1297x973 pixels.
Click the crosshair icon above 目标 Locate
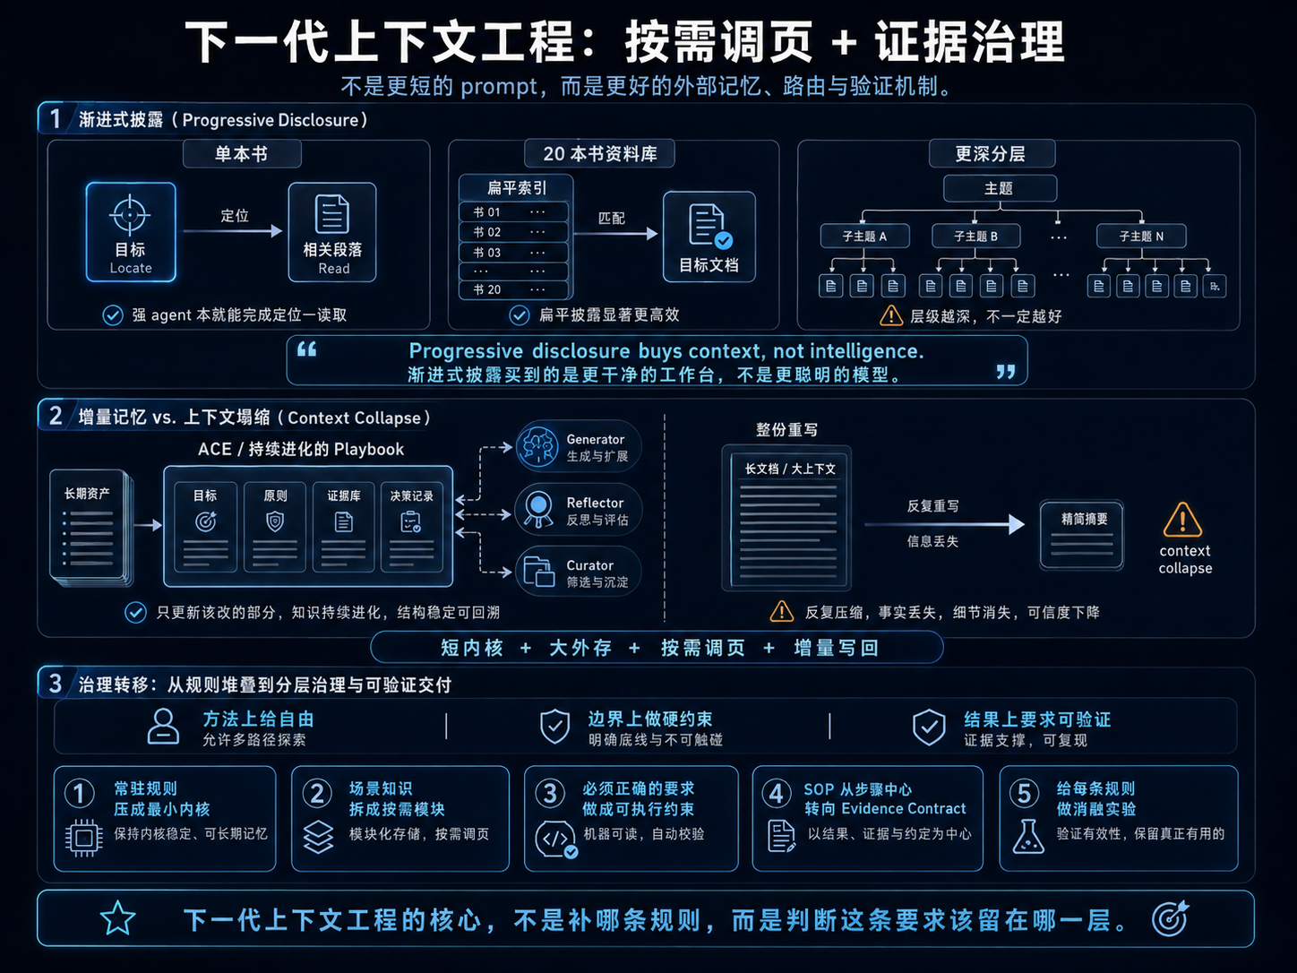pos(130,215)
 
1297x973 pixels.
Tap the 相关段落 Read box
pos(332,232)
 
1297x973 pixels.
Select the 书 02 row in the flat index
pos(513,232)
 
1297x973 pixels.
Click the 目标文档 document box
pos(709,237)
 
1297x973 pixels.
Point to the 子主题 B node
pos(975,237)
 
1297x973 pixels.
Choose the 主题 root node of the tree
pos(1000,188)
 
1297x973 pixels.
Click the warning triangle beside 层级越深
pos(891,316)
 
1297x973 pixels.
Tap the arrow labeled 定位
pos(233,231)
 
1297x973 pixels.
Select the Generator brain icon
pos(537,447)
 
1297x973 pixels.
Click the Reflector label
pos(595,503)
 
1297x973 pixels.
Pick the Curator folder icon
pos(538,572)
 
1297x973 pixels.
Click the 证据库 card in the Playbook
pos(343,527)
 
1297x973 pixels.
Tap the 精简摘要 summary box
pos(1081,535)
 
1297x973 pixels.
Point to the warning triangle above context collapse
pos(1182,520)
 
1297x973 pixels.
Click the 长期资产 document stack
pos(91,528)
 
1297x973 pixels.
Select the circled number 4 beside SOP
pos(776,794)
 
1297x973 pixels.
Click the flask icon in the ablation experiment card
pos(1028,836)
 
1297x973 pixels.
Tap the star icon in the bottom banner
pos(117,918)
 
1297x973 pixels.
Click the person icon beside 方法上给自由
pos(163,726)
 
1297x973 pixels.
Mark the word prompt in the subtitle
pos(499,88)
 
